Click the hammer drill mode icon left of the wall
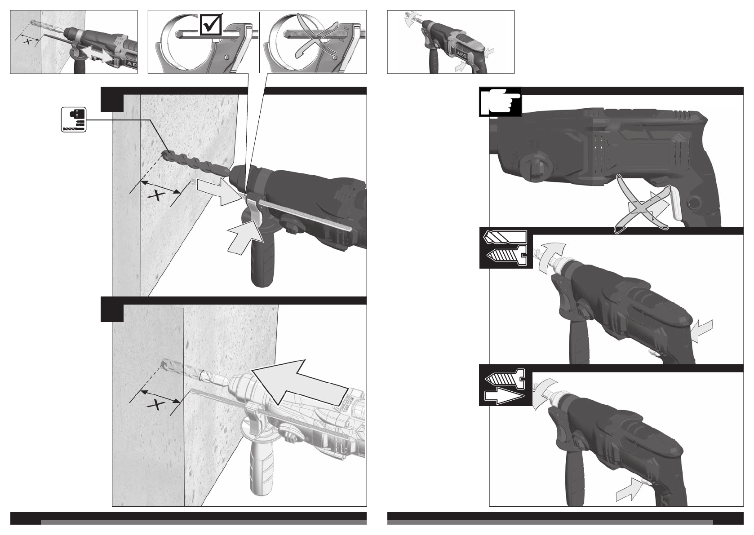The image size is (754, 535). [73, 119]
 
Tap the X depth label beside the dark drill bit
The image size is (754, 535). [156, 195]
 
